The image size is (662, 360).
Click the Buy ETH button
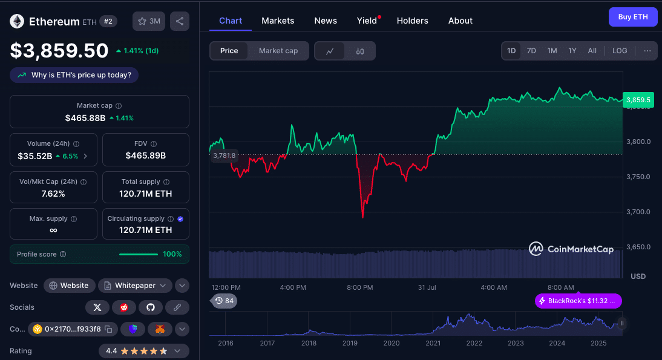(x=632, y=17)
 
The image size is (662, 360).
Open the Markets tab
(x=278, y=21)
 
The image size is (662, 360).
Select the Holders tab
(x=412, y=21)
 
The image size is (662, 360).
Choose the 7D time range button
(x=531, y=51)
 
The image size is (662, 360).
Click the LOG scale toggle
(x=620, y=51)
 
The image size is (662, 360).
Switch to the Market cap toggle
(x=278, y=51)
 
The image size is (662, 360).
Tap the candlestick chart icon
(x=360, y=51)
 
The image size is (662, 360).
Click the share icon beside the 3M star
(x=180, y=21)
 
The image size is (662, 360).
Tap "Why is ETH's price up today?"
(x=74, y=75)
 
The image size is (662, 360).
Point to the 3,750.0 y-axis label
(x=638, y=177)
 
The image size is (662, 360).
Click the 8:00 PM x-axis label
(x=359, y=287)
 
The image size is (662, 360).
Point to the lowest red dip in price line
(x=362, y=217)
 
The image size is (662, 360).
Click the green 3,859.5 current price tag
(x=638, y=100)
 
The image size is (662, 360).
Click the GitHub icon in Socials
(x=151, y=307)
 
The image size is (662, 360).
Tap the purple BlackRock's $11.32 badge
(x=578, y=301)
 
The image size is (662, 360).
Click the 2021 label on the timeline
(x=433, y=343)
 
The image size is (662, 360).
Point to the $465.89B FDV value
(x=145, y=155)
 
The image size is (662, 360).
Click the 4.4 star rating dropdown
(x=144, y=351)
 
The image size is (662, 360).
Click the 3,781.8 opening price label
(x=224, y=156)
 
